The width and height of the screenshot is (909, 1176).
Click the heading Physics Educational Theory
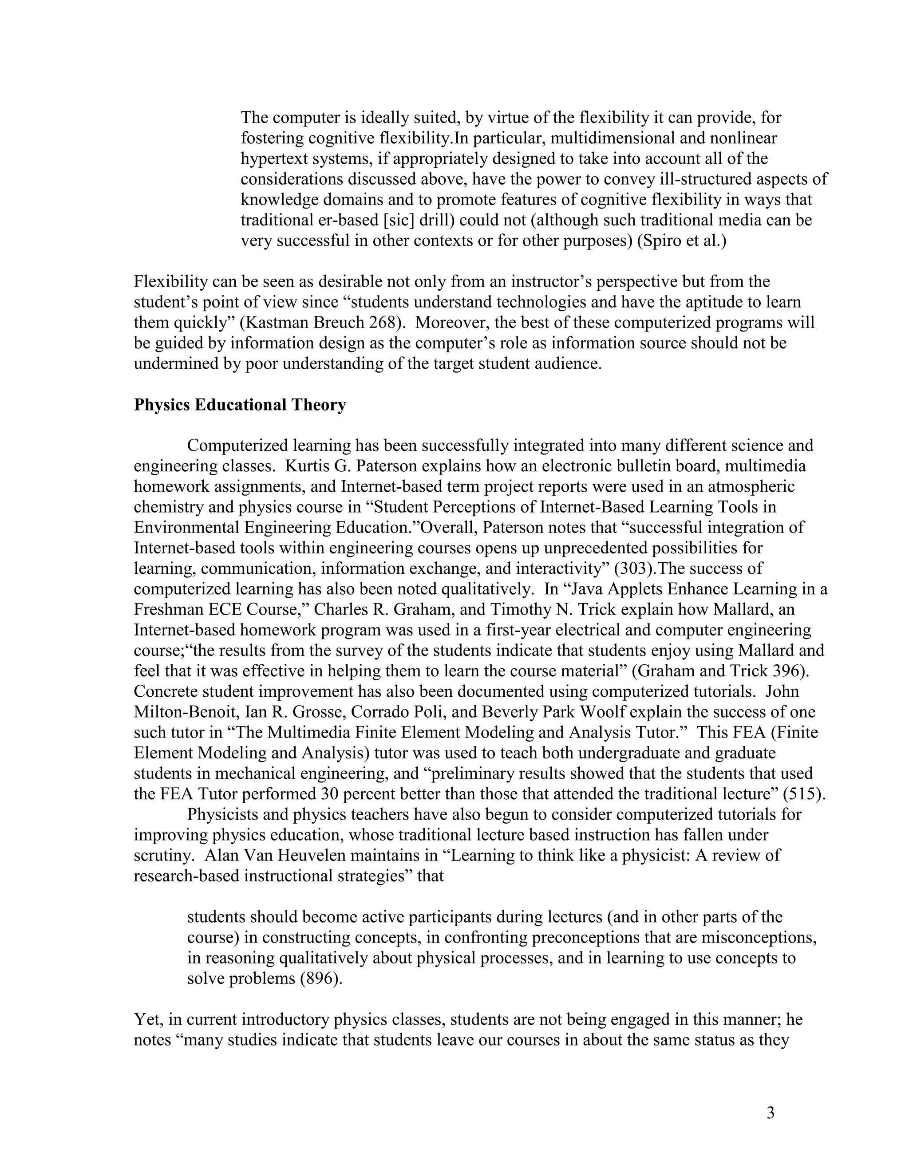240,405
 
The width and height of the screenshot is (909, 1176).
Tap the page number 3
771,1113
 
